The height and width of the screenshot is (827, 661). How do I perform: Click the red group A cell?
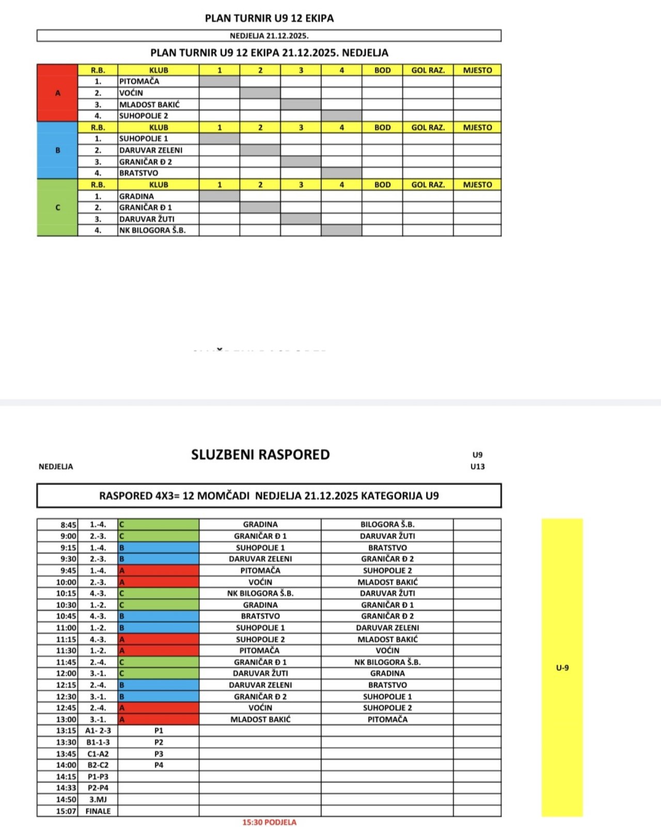click(57, 93)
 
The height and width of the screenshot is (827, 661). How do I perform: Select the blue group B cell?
click(57, 150)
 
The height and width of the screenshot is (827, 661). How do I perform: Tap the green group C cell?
click(57, 207)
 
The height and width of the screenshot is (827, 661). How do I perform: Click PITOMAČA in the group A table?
click(139, 81)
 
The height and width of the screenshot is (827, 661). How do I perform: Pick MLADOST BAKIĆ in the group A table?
click(149, 104)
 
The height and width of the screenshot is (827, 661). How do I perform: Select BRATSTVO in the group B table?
click(138, 173)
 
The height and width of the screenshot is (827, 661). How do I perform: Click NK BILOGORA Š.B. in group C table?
click(152, 231)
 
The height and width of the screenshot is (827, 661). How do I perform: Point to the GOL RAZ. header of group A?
click(428, 70)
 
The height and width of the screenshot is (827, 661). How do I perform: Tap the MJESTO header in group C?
click(477, 185)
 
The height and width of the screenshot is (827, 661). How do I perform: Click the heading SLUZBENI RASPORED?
click(260, 455)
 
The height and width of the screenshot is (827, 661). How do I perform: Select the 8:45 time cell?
click(68, 525)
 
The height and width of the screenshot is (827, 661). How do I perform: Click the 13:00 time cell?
click(67, 719)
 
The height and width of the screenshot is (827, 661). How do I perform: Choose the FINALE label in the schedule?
click(98, 811)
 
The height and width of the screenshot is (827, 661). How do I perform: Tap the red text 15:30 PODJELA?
click(269, 822)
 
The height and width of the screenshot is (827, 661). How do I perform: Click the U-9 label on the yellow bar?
click(562, 668)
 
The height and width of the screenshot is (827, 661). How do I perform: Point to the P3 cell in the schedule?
click(159, 754)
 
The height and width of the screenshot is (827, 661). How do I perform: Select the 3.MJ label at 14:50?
click(98, 800)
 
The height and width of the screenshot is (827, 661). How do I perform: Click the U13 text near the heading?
click(477, 467)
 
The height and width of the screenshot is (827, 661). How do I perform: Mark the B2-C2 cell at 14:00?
click(98, 765)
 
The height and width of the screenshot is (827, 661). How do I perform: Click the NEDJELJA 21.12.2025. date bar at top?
click(269, 36)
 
